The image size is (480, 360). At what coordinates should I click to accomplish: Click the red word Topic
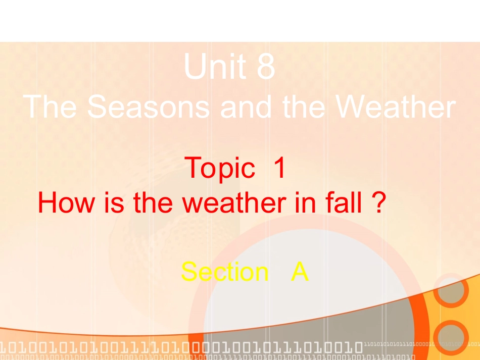tap(220, 169)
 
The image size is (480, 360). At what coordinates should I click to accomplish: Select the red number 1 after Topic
tap(279, 168)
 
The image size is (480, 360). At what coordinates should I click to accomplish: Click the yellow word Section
tap(225, 272)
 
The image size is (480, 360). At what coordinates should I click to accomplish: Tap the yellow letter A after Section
tap(300, 272)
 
